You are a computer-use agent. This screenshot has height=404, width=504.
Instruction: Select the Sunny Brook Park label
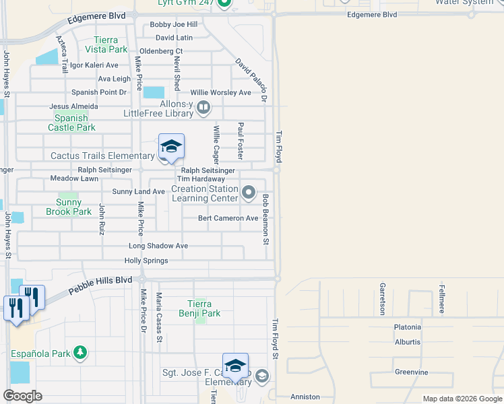pos(69,207)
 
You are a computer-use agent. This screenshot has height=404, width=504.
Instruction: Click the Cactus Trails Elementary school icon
pos(171,147)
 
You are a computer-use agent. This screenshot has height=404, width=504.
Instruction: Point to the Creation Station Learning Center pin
pos(249,193)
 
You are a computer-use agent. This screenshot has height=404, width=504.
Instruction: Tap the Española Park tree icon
pos(80,352)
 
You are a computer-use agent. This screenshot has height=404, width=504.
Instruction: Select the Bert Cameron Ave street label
pos(228,218)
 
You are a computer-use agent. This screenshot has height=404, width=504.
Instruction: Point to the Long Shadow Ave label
pos(158,246)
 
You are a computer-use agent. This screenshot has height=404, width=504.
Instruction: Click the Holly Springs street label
pos(146,261)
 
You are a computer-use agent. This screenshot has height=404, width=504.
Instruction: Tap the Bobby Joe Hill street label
pos(173,25)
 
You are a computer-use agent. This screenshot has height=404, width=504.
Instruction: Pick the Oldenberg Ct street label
pos(160,51)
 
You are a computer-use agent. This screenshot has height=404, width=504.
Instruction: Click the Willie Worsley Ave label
pos(220,92)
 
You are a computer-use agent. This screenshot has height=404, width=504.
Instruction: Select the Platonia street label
pos(408,327)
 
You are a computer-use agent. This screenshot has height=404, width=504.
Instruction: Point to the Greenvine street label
pos(411,372)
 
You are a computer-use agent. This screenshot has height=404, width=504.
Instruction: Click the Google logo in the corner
pos(22,396)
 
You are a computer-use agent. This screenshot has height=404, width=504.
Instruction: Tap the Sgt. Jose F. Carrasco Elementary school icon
pos(236,365)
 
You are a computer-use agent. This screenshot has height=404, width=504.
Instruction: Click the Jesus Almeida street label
pos(73,106)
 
